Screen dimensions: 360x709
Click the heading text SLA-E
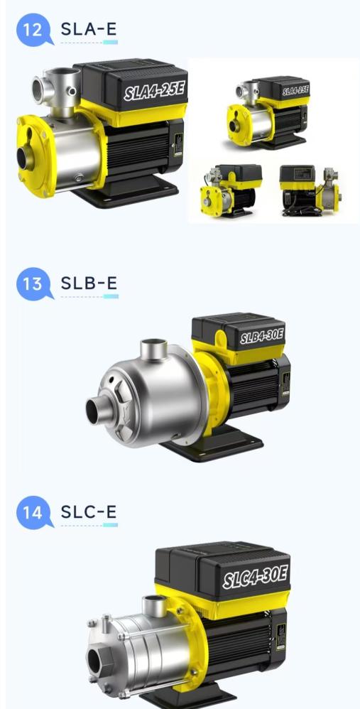pyautogui.click(x=89, y=29)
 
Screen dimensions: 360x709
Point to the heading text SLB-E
pyautogui.click(x=89, y=283)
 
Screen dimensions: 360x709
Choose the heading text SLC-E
pyautogui.click(x=89, y=512)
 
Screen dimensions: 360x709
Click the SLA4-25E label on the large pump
pyautogui.click(x=155, y=92)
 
